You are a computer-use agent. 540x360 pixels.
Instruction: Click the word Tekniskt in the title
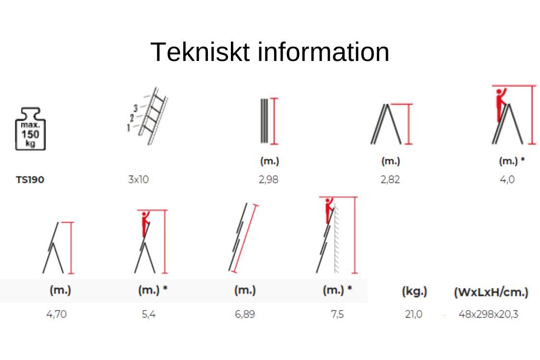click(x=200, y=52)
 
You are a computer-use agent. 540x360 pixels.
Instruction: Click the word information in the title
click(x=324, y=52)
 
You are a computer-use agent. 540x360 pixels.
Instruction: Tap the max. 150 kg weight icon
click(x=30, y=129)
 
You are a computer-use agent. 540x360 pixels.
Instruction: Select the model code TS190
click(x=30, y=180)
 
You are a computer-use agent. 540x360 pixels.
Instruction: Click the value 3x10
click(x=138, y=180)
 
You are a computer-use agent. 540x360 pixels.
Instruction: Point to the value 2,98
click(x=269, y=180)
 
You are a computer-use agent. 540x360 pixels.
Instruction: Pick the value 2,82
click(x=390, y=180)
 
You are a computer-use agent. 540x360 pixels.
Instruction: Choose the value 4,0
click(x=507, y=180)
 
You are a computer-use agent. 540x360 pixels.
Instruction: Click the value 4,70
click(x=57, y=314)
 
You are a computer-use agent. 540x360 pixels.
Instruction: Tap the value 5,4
click(x=148, y=314)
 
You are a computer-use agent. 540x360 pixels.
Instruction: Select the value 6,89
click(x=245, y=314)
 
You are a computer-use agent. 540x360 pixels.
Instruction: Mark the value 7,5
click(x=337, y=314)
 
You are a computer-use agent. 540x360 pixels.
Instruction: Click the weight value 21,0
click(x=414, y=314)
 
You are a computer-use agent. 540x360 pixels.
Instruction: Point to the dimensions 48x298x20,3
click(x=488, y=314)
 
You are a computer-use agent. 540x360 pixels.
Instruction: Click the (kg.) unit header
click(x=414, y=292)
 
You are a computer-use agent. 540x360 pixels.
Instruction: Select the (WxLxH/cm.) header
click(x=491, y=292)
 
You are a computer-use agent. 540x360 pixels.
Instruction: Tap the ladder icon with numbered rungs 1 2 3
click(x=147, y=116)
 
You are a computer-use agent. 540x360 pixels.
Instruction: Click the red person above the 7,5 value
click(x=329, y=210)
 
